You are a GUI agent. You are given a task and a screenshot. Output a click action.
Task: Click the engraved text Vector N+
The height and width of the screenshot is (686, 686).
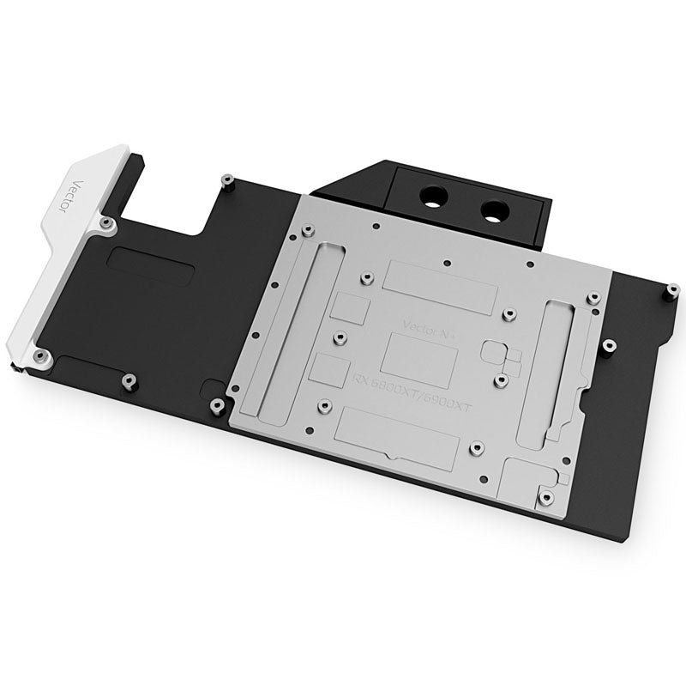pos(425,325)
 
